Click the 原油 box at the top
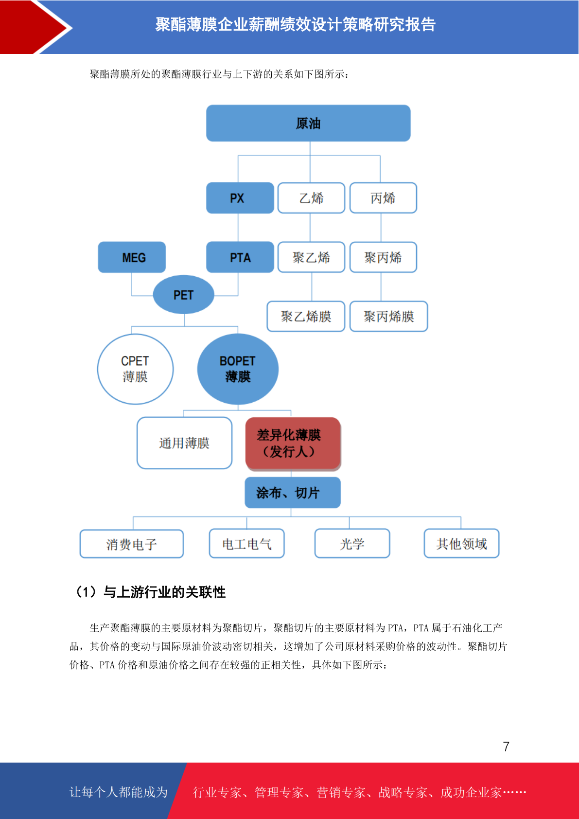(x=308, y=123)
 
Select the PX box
(x=240, y=198)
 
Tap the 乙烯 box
(x=311, y=198)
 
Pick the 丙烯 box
(x=383, y=198)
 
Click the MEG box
(x=132, y=257)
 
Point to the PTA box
(x=240, y=257)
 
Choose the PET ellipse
(x=183, y=295)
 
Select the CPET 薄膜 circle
(x=135, y=369)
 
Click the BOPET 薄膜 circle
(x=238, y=369)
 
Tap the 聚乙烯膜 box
(x=306, y=316)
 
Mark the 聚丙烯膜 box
(x=388, y=316)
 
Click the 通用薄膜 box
(x=184, y=443)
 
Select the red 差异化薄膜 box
(x=293, y=443)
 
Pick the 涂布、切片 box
(x=293, y=493)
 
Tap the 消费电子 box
(x=132, y=544)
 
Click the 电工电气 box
(x=247, y=543)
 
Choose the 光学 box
(x=352, y=543)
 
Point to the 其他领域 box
(x=461, y=543)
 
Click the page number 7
(x=506, y=746)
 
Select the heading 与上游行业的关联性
(x=164, y=592)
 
